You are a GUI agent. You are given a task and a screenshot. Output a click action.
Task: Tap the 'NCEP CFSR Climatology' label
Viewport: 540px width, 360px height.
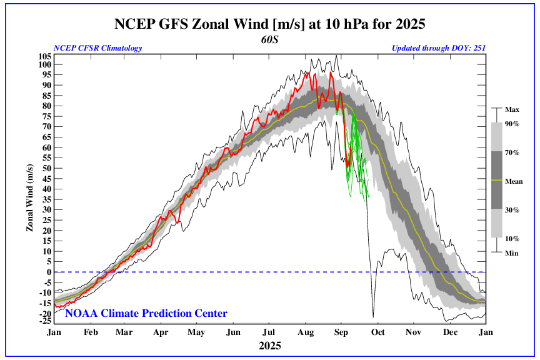pos(98,48)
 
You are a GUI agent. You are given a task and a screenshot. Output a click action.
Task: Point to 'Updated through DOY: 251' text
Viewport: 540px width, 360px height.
pos(439,48)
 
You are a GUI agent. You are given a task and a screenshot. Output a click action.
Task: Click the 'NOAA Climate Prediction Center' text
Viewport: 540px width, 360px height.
pos(146,313)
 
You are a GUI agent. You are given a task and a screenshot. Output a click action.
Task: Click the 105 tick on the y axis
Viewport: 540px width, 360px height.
pos(44,56)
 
